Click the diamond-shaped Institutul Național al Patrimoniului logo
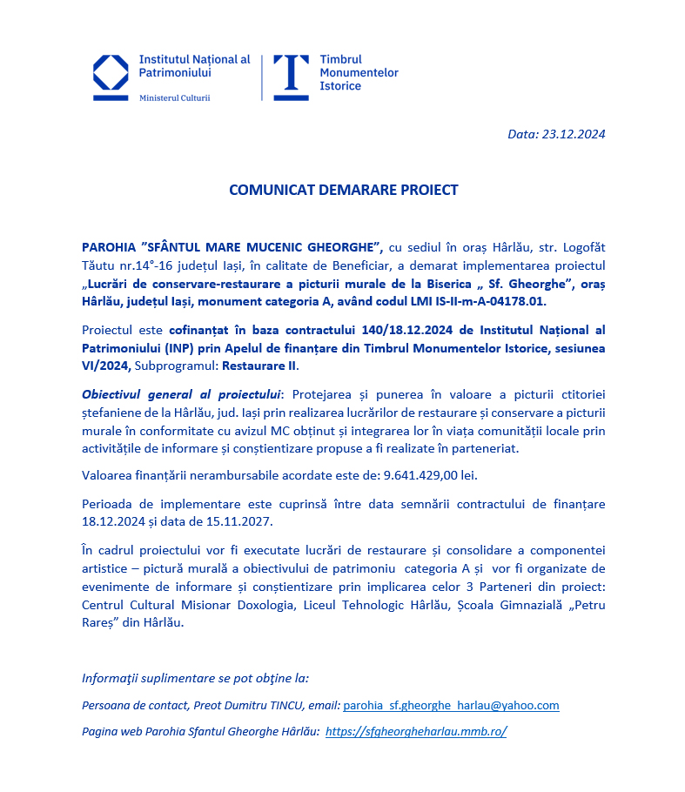pos(111,78)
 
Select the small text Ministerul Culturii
pos(174,98)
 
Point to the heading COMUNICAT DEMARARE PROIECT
pos(343,190)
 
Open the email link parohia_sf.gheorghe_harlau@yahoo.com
pos(451,706)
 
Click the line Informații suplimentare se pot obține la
pos(195,678)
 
